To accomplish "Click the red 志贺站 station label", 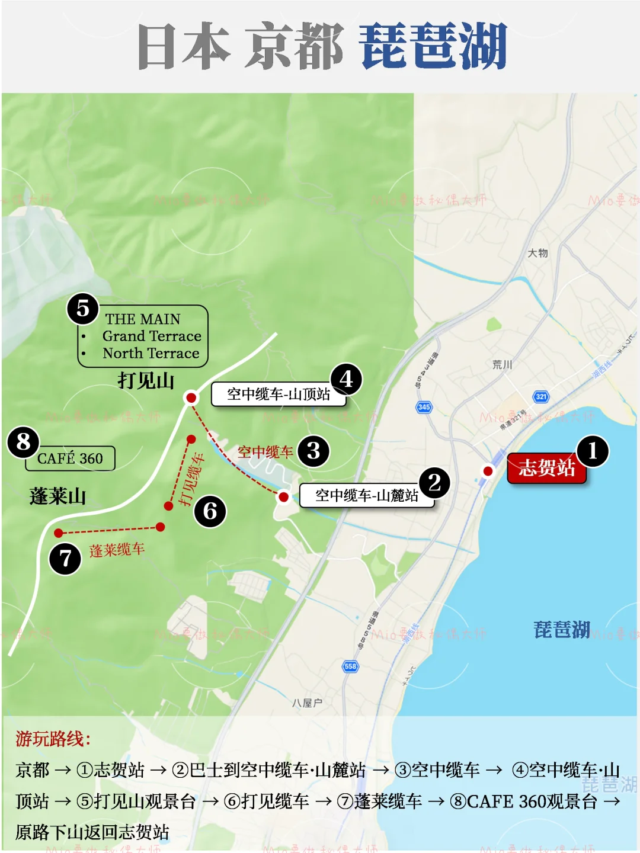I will [x=546, y=468].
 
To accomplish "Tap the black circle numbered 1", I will [x=592, y=451].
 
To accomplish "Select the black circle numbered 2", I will [x=434, y=483].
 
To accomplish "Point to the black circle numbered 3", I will [x=313, y=451].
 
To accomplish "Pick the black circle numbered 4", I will [x=346, y=379].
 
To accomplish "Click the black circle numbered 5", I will [x=83, y=309].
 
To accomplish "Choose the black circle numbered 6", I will [x=210, y=511].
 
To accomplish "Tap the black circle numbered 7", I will [x=65, y=559].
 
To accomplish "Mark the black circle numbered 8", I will [x=24, y=442].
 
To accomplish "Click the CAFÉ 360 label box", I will [x=70, y=458].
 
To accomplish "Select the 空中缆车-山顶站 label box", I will [x=279, y=394].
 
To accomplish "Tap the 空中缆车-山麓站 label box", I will [x=366, y=495].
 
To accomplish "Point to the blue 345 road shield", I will [x=424, y=407].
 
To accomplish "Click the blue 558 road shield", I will [x=350, y=666].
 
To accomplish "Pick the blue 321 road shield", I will [x=541, y=396].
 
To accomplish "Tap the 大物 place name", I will [x=538, y=254].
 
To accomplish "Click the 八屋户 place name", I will [x=307, y=703].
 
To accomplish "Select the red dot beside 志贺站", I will [x=488, y=471].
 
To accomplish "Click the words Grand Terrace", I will [x=152, y=336].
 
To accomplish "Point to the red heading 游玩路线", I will [x=53, y=739].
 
